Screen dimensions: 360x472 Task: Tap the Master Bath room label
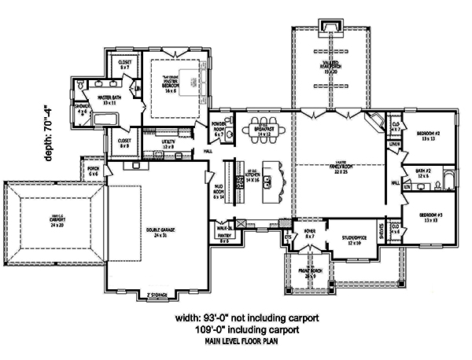pyautogui.click(x=108, y=99)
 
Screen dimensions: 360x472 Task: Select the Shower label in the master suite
pyautogui.click(x=83, y=108)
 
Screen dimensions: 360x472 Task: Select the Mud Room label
pyautogui.click(x=218, y=194)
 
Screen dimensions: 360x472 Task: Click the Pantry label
pyautogui.click(x=224, y=237)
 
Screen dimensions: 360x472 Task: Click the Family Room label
pyautogui.click(x=339, y=168)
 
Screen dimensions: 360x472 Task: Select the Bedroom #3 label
pyautogui.click(x=427, y=217)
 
